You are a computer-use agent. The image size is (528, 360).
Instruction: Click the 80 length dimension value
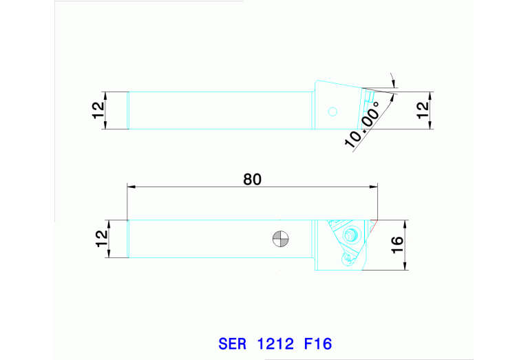pos(252,179)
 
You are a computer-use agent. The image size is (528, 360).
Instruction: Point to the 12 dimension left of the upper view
pos(98,110)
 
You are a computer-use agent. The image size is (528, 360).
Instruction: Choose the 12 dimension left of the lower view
pos(100,239)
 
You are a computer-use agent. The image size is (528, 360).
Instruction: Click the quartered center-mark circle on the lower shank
pos(281,238)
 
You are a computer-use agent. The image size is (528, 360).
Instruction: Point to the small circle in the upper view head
pos(333,111)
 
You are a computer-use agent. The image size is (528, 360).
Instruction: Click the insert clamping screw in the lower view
pos(352,234)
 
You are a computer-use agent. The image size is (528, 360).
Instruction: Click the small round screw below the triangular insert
pos(347,260)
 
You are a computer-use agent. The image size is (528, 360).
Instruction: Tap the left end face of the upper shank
pos(129,110)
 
